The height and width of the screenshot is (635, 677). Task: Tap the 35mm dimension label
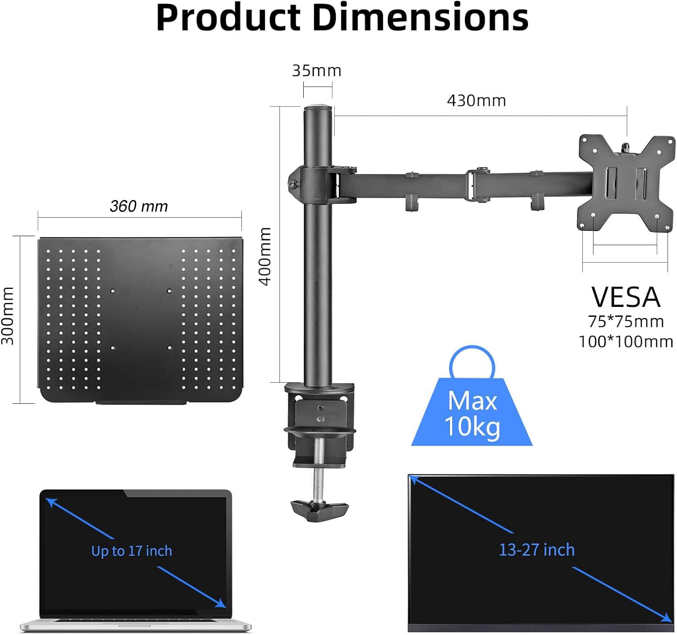[316, 71]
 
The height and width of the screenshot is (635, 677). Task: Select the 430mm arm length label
[476, 101]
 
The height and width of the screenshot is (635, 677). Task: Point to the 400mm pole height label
[265, 256]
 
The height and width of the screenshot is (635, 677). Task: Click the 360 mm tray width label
[139, 206]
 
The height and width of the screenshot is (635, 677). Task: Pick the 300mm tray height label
[8, 315]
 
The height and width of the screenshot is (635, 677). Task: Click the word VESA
[626, 297]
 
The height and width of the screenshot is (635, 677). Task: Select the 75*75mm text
[626, 322]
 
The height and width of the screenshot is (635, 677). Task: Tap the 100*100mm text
[626, 342]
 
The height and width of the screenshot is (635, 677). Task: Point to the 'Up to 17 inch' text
[131, 551]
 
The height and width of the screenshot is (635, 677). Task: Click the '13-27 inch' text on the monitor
[537, 550]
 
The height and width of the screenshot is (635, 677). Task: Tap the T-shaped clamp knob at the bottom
[320, 509]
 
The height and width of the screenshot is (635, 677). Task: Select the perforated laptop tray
[140, 320]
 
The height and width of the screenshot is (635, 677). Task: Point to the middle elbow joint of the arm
[478, 185]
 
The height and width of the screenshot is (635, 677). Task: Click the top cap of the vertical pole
[318, 108]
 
